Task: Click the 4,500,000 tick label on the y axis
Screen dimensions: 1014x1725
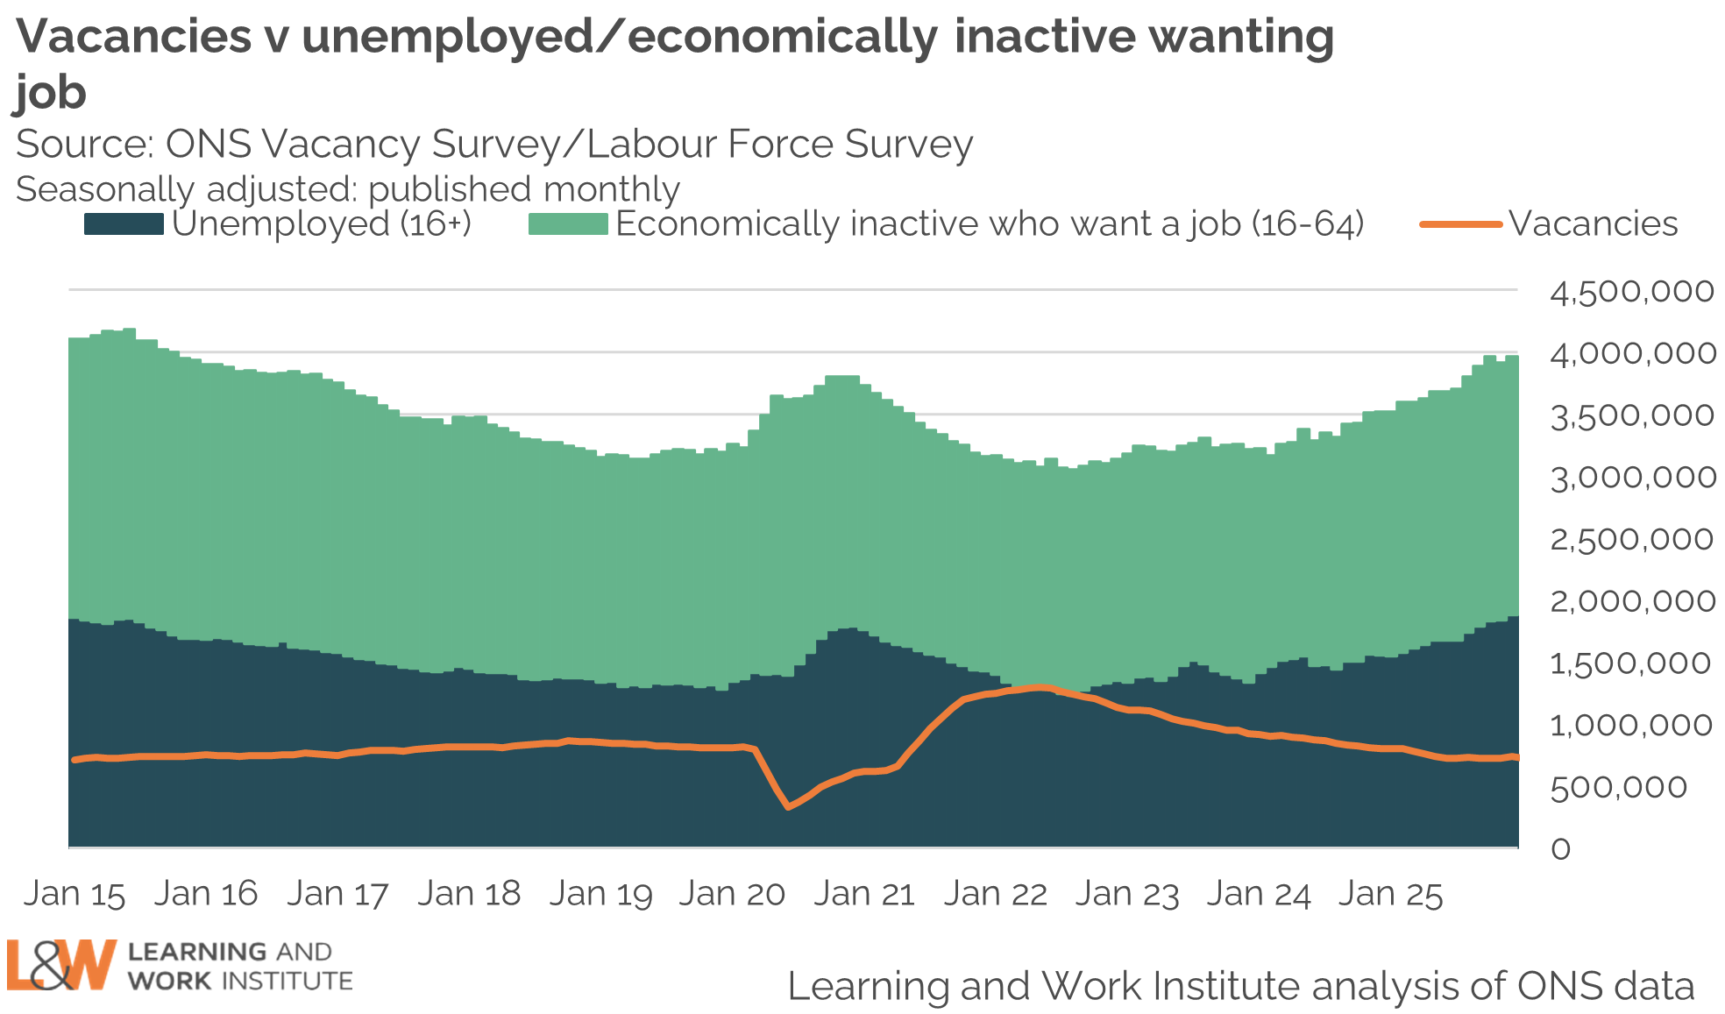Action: pos(1631,292)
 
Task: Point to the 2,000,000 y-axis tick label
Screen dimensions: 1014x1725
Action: pos(1631,601)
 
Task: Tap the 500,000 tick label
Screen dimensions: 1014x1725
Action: pos(1618,787)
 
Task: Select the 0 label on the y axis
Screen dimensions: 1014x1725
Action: pos(1560,848)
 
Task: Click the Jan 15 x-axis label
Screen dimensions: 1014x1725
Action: pos(75,894)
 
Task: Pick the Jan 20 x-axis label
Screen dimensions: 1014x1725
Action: pos(732,894)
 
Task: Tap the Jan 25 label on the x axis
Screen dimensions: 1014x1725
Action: pos(1390,894)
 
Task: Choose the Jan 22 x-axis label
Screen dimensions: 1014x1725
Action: pos(996,894)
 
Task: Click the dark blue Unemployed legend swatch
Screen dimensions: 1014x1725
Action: pos(124,224)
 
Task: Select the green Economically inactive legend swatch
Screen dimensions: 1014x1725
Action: pos(568,224)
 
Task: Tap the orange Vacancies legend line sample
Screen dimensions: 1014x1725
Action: pos(1460,224)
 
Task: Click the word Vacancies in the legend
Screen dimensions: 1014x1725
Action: pos(1594,224)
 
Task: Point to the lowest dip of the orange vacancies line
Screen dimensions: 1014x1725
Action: pos(789,806)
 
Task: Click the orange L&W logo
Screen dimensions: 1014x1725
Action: pos(61,965)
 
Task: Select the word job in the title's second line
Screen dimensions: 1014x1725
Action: pos(51,93)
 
